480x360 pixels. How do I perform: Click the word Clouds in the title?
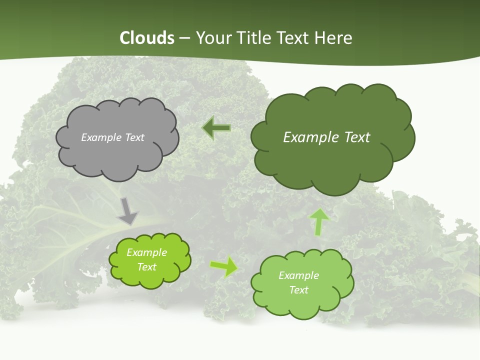[x=147, y=38]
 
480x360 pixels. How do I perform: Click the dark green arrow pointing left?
[x=216, y=128]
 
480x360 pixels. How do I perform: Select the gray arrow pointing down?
[x=128, y=211]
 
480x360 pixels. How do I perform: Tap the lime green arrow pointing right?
[x=224, y=267]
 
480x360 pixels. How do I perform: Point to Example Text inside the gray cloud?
[x=112, y=137]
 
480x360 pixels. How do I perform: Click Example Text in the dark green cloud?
[x=326, y=137]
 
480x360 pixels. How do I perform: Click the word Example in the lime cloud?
[x=146, y=252]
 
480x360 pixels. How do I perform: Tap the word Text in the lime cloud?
[x=146, y=267]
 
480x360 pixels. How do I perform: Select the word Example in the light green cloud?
[x=298, y=275]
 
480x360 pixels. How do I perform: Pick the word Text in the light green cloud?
[x=298, y=290]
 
